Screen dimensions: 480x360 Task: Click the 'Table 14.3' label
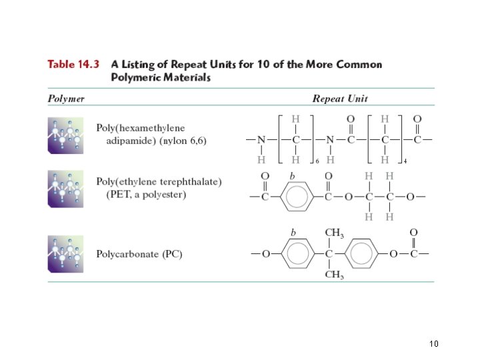click(x=73, y=65)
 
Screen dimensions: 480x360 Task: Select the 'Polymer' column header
click(x=66, y=99)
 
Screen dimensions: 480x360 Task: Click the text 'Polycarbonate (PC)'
click(x=139, y=254)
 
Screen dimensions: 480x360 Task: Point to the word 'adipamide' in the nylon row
click(x=128, y=141)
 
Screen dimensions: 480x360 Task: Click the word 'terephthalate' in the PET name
click(x=192, y=182)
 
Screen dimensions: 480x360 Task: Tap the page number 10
click(x=434, y=344)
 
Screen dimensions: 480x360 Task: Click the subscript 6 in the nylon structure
click(x=317, y=161)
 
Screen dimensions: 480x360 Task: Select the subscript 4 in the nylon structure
click(x=405, y=161)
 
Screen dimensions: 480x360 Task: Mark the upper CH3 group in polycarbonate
click(x=334, y=233)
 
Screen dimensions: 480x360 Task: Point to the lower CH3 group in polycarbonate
click(x=334, y=275)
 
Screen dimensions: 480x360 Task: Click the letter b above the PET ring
click(x=291, y=176)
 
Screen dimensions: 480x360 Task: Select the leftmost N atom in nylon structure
click(x=262, y=140)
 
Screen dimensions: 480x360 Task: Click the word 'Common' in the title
click(x=358, y=65)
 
